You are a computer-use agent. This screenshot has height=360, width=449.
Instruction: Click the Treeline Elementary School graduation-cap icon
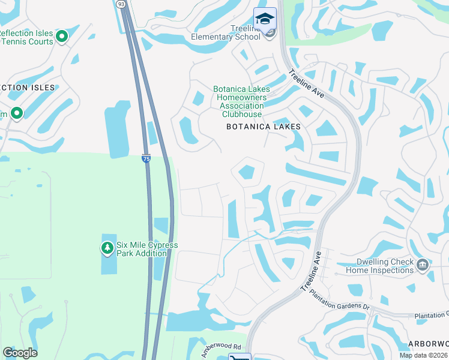point(265,18)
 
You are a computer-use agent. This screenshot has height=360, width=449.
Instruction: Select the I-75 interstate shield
point(146,158)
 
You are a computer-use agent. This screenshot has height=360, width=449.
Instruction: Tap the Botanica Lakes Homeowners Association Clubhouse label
point(242,101)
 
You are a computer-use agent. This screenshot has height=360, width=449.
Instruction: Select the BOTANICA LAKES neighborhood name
point(263,127)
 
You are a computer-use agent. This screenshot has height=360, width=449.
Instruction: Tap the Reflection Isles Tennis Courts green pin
point(61,37)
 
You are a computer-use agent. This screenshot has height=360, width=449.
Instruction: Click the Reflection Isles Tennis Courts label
point(26,37)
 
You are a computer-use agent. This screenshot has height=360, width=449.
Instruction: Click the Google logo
point(20,353)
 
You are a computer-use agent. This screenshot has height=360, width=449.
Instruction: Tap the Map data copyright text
point(424,355)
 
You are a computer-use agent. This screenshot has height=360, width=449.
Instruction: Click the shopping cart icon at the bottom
point(240,358)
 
